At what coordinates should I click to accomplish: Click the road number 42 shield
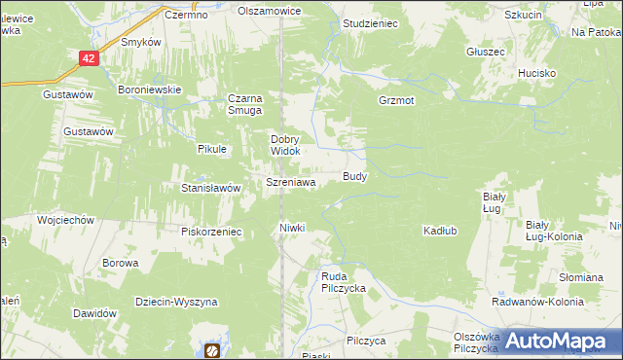coord(89,58)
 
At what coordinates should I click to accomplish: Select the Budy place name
coord(354,176)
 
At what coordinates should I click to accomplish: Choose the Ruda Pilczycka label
coord(343,282)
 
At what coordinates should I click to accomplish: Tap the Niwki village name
coord(292,228)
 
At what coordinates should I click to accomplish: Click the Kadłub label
coord(440,231)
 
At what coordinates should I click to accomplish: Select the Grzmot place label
coord(397,100)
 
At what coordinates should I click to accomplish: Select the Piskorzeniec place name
coord(210,232)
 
